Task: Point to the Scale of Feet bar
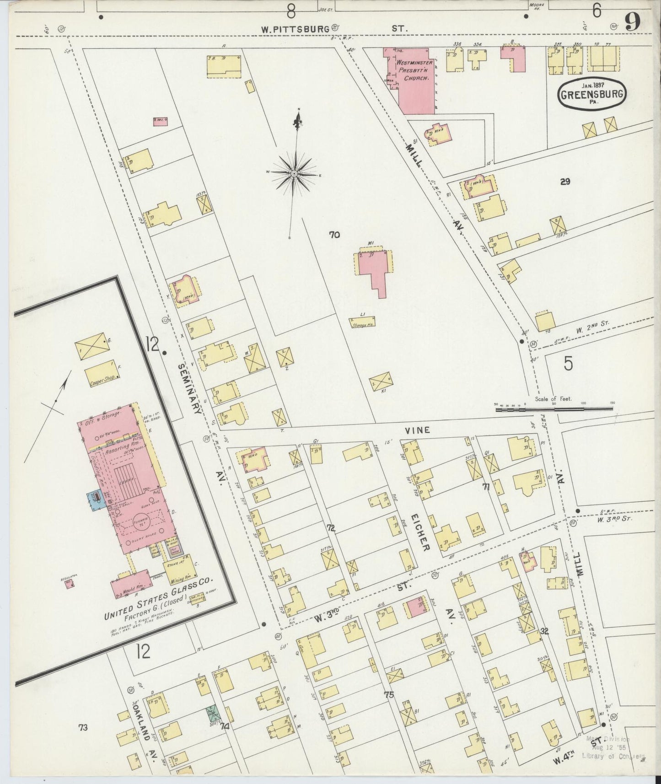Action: coord(554,409)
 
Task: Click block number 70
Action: coord(334,235)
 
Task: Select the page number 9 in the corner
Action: coord(634,22)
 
